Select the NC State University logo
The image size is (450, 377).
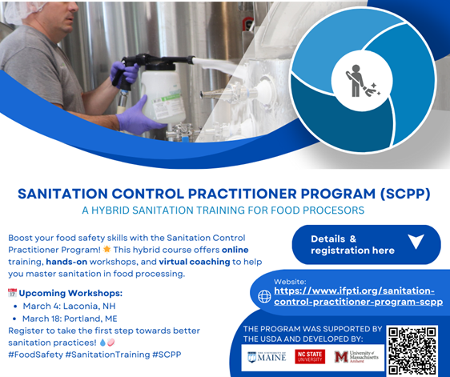click(x=310, y=357)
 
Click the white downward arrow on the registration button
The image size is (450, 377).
click(x=416, y=242)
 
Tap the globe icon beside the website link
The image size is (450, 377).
click(x=264, y=296)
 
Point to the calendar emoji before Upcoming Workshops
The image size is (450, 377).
click(x=11, y=293)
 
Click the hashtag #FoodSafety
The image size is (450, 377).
click(x=36, y=354)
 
